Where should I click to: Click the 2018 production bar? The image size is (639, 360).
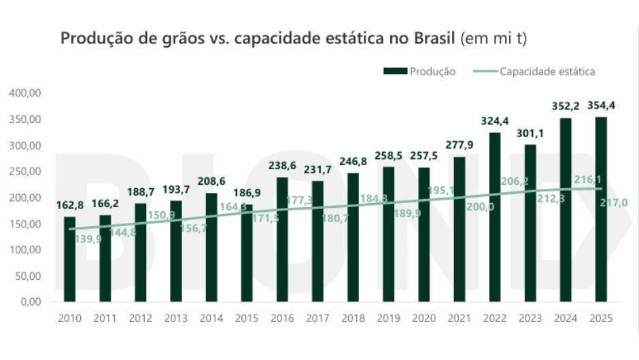[x=353, y=238]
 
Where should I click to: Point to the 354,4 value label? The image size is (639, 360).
[x=601, y=105]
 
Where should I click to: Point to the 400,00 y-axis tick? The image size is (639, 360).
[x=26, y=93]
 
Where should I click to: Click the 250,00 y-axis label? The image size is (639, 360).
[x=26, y=171]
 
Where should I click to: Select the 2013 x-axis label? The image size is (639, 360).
[x=175, y=319]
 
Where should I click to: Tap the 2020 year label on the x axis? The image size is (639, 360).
[x=424, y=319]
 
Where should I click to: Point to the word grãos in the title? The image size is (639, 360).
[x=178, y=39]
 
